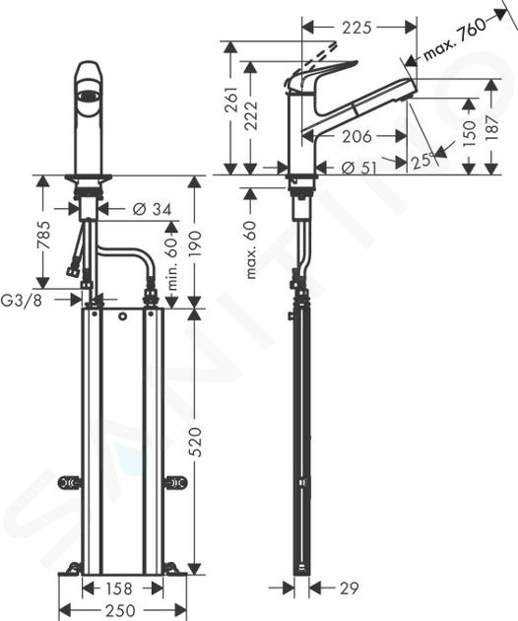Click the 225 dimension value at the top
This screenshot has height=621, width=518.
356,28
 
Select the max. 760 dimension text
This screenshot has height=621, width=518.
455,38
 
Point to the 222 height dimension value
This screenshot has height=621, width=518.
251,115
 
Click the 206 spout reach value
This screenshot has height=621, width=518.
356,137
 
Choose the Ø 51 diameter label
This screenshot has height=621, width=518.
358,169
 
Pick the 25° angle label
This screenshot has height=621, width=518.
421,161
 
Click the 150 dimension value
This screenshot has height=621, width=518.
469,133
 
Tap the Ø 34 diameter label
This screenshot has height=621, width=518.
153,209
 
